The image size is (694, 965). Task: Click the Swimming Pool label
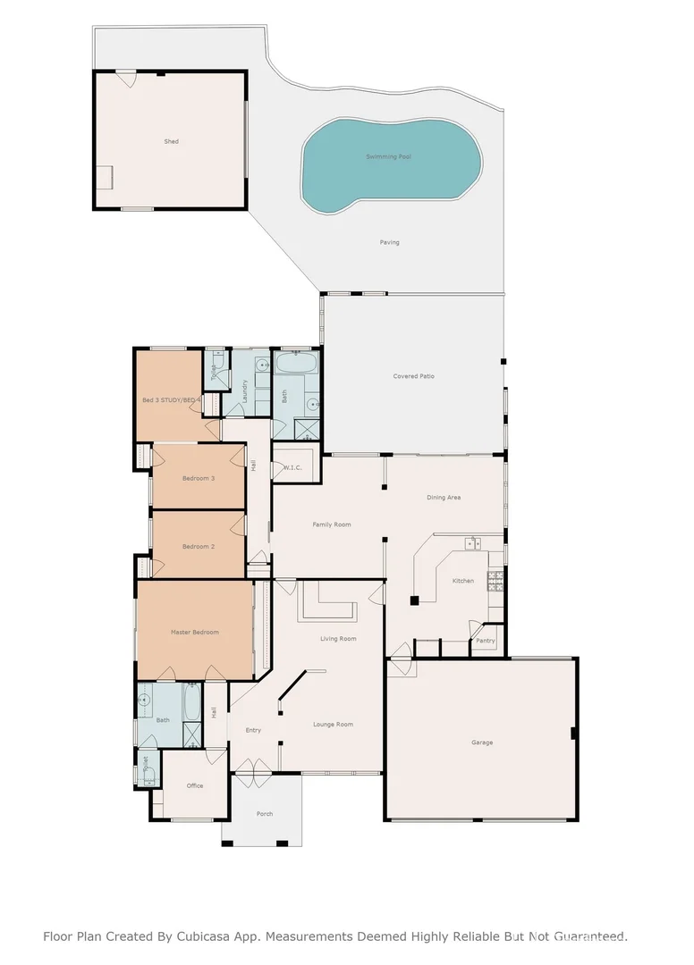pos(388,156)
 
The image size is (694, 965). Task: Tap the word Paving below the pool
pos(389,242)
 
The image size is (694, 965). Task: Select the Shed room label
pos(171,141)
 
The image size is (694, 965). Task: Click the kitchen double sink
pos(472,542)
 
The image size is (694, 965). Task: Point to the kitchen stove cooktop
pos(494,581)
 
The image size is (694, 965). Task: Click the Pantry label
pos(486,641)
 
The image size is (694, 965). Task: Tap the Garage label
pos(482,743)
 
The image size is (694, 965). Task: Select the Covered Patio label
pos(414,376)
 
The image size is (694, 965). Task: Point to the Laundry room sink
pos(260,365)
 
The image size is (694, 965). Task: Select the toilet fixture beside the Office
pos(149,775)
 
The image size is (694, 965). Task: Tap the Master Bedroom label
pos(195,632)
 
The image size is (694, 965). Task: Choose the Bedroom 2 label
pos(199,546)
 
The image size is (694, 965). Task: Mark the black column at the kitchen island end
pos(415,599)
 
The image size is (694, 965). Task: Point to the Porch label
pos(265,814)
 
